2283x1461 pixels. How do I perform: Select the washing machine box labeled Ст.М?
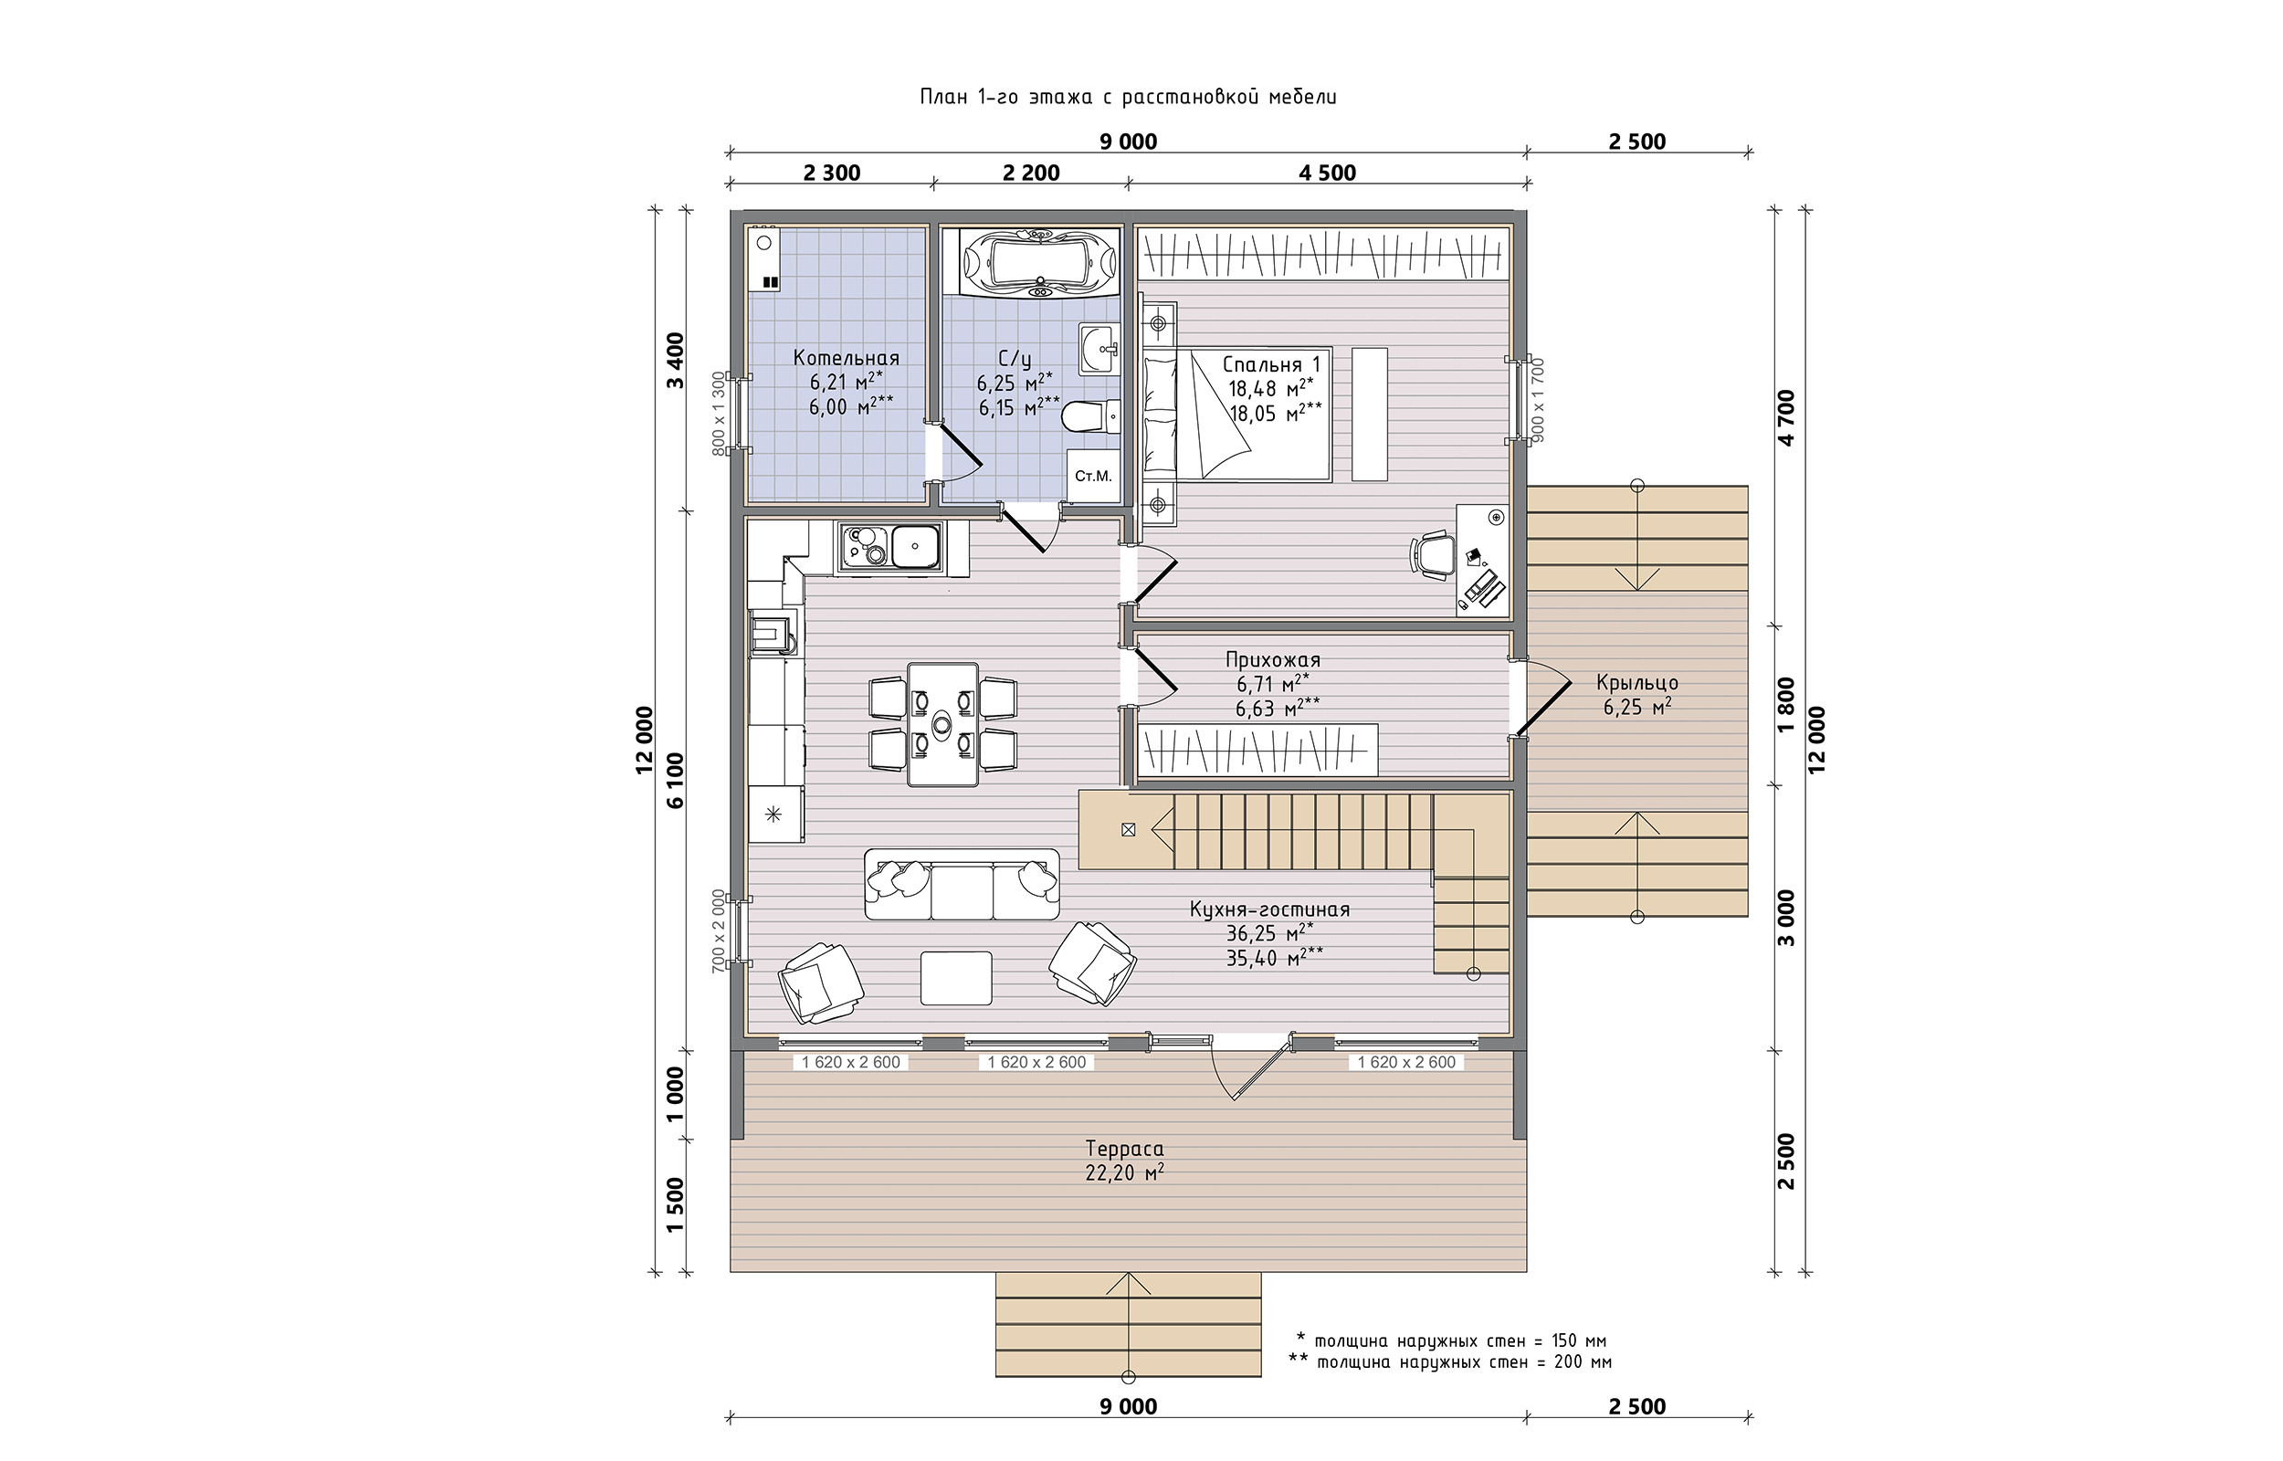coord(1093,476)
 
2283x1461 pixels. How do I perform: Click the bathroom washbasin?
coord(1100,349)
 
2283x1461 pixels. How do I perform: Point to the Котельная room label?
coord(846,359)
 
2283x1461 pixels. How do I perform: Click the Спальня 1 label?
coord(1271,364)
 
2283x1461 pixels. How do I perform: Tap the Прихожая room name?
coord(1273,660)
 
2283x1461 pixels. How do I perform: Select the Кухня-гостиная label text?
coord(1269,909)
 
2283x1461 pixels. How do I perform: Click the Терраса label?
coord(1125,1149)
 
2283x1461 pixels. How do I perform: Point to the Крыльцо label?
coord(1637,683)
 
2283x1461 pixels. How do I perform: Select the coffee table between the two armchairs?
coord(957,978)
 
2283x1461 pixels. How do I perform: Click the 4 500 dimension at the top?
coord(1327,173)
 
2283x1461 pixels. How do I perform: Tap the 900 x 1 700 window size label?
coord(1538,399)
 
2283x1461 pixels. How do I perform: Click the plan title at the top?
coord(1128,97)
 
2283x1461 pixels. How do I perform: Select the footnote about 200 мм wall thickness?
coord(1449,1362)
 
